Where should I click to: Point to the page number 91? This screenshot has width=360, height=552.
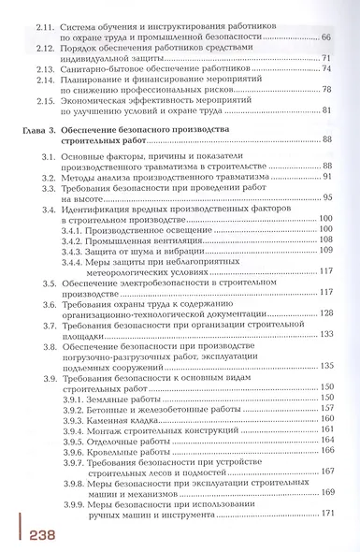328,176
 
